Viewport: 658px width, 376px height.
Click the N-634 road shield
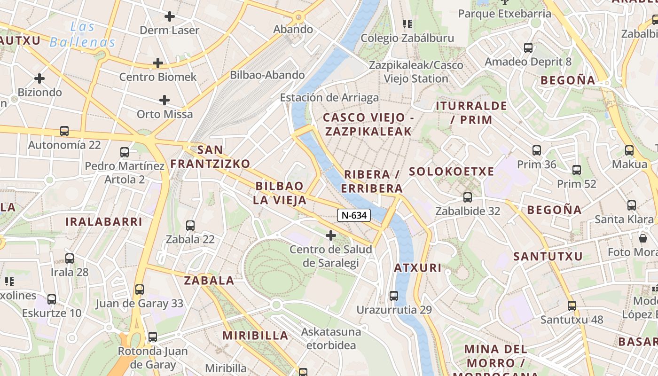(354, 216)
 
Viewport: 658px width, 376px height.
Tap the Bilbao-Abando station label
(267, 75)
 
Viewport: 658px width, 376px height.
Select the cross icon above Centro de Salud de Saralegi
(331, 235)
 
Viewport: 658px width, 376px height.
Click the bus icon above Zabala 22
(190, 226)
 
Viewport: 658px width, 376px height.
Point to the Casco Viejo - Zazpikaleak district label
(368, 125)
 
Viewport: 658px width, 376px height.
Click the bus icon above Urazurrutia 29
(394, 296)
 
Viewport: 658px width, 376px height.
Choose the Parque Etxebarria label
(505, 14)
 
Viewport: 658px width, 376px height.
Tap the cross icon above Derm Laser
(170, 16)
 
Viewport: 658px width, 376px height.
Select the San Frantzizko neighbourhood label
(210, 157)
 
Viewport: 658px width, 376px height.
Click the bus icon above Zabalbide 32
(468, 197)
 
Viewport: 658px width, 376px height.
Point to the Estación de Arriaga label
(329, 98)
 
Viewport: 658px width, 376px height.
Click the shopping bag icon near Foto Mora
(643, 238)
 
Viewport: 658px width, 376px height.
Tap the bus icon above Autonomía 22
(64, 131)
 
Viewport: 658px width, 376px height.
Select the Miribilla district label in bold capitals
(255, 336)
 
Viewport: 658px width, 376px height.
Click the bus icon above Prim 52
(577, 170)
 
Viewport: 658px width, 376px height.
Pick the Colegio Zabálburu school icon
(407, 23)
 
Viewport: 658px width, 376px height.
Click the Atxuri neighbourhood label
(418, 268)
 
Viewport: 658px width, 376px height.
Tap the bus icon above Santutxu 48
(572, 305)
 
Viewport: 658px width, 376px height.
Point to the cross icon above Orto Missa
(164, 100)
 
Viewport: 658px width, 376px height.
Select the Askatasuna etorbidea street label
(331, 338)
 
